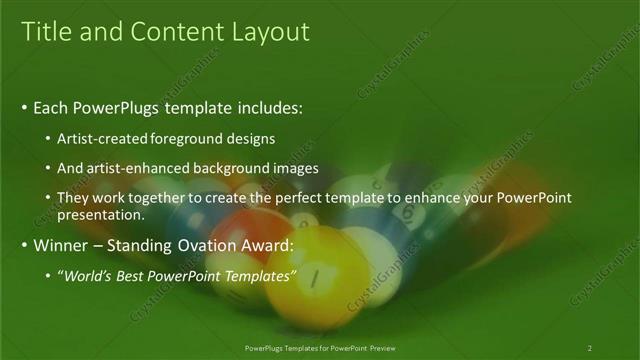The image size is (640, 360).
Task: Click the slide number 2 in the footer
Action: point(589,348)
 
